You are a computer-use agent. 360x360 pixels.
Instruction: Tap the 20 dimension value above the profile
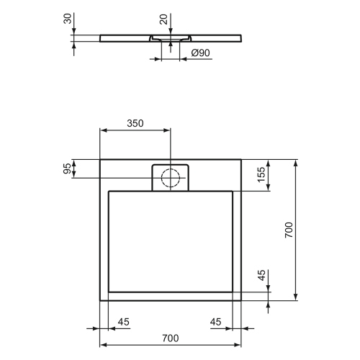click(x=164, y=18)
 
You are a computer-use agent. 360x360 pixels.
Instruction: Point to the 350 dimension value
click(x=135, y=123)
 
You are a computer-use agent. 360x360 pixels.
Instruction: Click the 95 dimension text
click(x=68, y=169)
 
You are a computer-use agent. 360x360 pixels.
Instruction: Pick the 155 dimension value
click(x=262, y=175)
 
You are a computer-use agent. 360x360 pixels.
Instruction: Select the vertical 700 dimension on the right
click(x=288, y=230)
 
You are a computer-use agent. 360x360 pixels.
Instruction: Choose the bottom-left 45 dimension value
click(x=123, y=321)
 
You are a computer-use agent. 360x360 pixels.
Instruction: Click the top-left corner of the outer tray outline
click(x=99, y=159)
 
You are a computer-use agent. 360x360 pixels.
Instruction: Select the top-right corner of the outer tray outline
click(x=242, y=159)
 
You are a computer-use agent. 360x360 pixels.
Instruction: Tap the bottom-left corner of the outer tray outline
click(x=99, y=300)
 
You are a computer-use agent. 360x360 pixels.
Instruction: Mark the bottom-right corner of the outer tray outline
click(x=242, y=300)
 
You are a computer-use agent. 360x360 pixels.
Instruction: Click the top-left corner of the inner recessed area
click(x=108, y=191)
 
